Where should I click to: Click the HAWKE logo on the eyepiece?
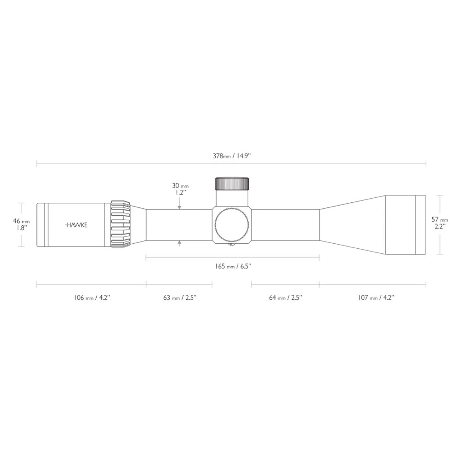76,225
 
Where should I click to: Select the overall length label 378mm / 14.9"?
232,156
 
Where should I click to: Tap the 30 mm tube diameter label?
180,186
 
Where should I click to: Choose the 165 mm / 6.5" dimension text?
233,266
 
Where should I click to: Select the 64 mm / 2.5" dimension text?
285,298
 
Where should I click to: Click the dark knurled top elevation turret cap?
232,184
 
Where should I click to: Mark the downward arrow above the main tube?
179,207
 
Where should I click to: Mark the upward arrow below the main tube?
179,244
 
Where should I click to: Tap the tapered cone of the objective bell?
352,225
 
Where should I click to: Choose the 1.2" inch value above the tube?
180,193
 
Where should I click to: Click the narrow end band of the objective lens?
420,225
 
